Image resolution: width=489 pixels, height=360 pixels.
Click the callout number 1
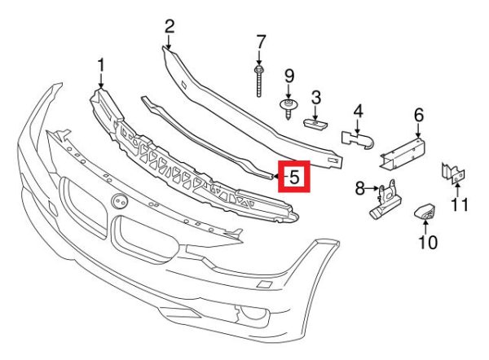point(101,66)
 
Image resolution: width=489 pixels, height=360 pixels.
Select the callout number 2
point(170,27)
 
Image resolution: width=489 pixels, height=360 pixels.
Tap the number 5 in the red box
point(294,177)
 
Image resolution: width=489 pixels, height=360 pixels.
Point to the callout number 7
point(261,42)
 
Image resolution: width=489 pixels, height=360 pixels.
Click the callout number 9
point(289,77)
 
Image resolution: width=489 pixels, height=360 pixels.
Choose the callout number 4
point(358,112)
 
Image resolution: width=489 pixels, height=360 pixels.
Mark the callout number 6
point(419,115)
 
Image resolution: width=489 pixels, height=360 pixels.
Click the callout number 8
point(360,188)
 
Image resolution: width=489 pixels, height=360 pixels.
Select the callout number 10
point(428,242)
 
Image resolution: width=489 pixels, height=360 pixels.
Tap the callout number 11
point(460,204)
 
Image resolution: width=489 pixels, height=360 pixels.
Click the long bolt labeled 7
point(258,81)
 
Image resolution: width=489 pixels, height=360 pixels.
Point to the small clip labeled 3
point(315,124)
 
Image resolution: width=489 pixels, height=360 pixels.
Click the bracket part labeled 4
point(359,139)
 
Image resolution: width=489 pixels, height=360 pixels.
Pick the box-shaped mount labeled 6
point(403,153)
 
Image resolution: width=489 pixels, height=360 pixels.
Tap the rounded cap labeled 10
point(425,212)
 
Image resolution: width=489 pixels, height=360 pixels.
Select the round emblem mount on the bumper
point(120,201)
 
